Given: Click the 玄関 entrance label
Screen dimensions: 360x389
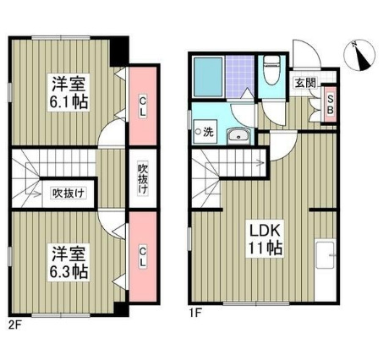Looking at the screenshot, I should [304, 82].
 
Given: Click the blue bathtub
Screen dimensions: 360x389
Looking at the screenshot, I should [207, 78].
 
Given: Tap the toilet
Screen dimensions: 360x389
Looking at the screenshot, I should [271, 71].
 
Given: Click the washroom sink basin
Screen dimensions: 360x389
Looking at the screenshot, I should [240, 134].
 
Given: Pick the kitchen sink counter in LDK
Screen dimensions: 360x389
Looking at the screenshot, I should [326, 255].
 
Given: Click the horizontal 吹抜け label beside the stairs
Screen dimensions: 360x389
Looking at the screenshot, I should [67, 191].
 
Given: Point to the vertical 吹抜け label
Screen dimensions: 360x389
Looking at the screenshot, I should [143, 178].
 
